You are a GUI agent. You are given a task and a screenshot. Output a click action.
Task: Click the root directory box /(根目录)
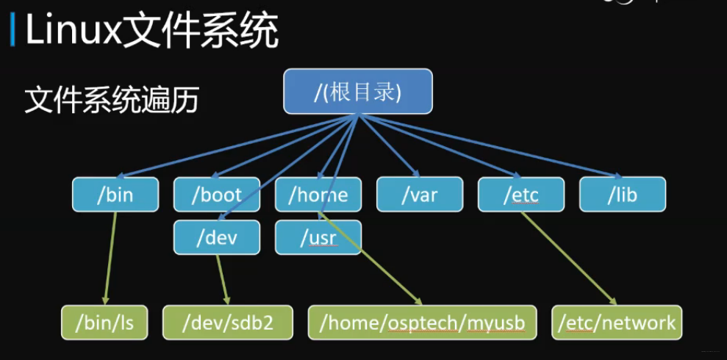[x=358, y=92]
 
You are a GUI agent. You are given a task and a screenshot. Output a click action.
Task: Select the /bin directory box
[x=115, y=195]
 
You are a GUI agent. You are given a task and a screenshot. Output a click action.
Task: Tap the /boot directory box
[x=217, y=195]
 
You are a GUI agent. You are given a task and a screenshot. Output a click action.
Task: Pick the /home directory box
[x=318, y=195]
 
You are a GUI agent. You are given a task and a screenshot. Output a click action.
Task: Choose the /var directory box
[x=420, y=195]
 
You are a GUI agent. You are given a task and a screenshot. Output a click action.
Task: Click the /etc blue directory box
[x=521, y=195]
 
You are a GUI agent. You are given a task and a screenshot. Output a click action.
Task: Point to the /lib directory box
[x=623, y=195]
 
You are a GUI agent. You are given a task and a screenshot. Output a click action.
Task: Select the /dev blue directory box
[x=217, y=237]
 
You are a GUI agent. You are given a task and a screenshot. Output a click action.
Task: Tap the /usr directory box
[x=318, y=237]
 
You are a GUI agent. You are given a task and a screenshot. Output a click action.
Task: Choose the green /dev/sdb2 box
[x=228, y=322]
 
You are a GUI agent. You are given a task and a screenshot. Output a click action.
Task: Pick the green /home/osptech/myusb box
[x=423, y=322]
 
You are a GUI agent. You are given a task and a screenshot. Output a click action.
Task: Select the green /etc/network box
[x=617, y=322]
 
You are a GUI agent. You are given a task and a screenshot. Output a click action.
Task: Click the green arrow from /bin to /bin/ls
[x=110, y=257]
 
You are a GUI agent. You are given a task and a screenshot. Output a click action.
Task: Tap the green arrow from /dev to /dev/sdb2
[x=223, y=279]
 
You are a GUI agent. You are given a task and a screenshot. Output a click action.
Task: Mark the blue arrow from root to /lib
[x=493, y=146]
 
